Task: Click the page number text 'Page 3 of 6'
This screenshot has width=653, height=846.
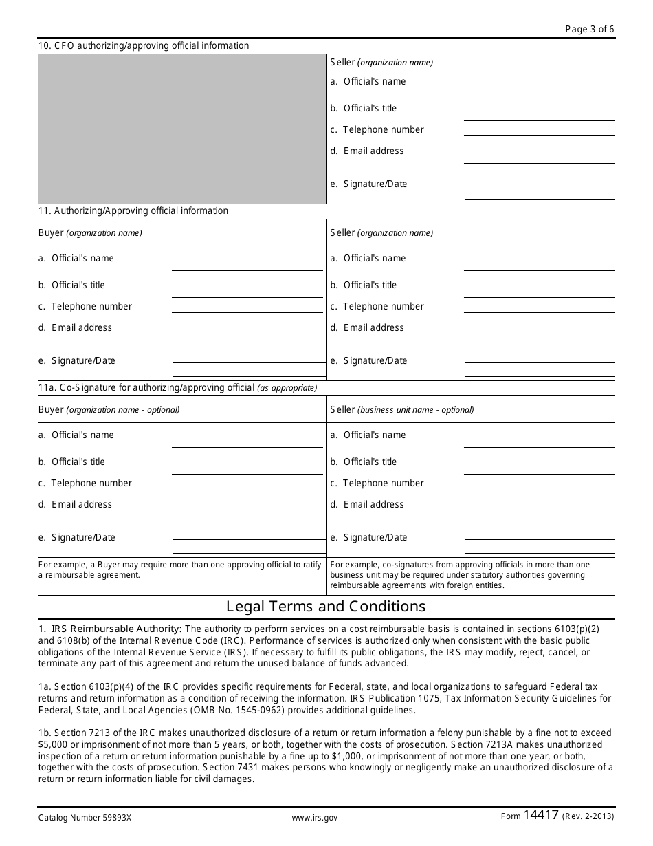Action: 589,29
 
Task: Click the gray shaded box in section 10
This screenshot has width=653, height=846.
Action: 182,129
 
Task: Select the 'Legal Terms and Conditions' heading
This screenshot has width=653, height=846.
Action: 326,607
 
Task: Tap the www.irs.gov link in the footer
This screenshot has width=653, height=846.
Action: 314,818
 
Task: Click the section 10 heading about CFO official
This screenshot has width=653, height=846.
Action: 144,46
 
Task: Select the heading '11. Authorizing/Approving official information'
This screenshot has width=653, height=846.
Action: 133,211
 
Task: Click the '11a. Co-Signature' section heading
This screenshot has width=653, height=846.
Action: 177,388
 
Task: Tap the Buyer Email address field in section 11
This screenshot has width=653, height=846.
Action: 247,333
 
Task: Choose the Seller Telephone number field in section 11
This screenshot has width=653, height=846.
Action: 539,307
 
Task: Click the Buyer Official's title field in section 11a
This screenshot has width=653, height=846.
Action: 247,468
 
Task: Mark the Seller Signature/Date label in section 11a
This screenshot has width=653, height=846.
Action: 375,538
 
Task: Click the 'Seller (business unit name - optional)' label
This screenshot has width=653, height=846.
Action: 401,410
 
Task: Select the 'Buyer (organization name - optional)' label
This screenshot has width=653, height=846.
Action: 109,410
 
